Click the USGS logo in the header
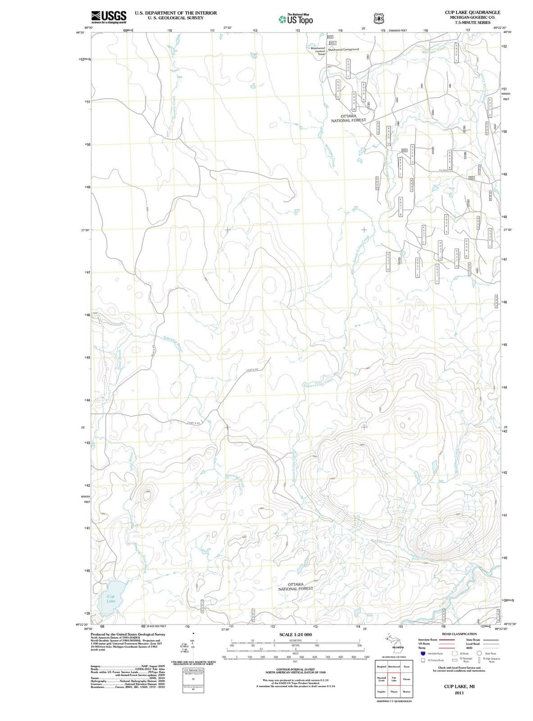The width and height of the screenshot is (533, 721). coord(109,17)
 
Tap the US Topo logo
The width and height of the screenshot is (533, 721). coord(296,19)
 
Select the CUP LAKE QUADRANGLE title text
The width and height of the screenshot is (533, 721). coord(472,12)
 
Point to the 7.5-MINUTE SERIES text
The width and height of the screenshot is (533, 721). coord(472,23)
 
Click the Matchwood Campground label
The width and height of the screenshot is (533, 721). coord(344,49)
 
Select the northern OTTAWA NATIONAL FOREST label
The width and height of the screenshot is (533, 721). coord(348,118)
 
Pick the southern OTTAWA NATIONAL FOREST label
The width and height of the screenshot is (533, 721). coord(296,586)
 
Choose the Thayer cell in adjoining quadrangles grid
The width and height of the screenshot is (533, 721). coord(394,692)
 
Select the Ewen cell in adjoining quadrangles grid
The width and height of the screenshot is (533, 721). coord(406,667)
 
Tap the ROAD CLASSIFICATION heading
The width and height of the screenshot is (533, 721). coord(459,634)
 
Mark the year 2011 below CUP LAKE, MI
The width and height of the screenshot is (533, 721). coord(459,692)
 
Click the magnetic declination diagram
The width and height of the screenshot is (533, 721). coord(193,646)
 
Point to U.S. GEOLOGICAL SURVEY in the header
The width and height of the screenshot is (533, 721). coord(176,18)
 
